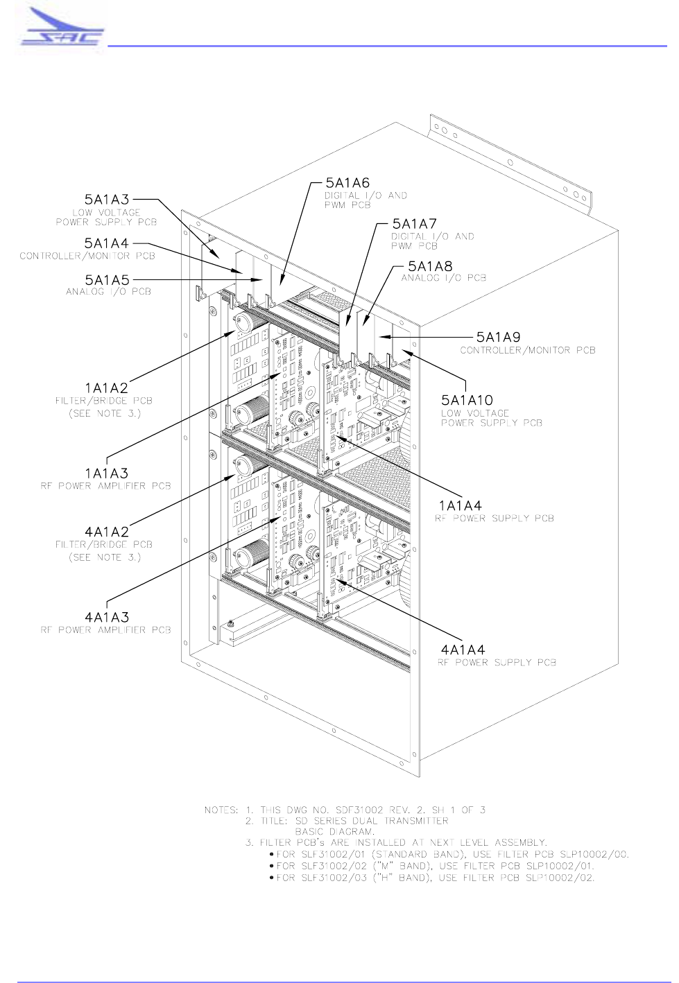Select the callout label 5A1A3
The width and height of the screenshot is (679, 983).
(107, 200)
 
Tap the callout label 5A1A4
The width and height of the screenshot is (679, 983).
(107, 243)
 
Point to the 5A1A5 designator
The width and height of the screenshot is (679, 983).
(108, 280)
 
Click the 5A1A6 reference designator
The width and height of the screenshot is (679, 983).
(347, 183)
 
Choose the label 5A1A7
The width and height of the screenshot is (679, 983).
(414, 224)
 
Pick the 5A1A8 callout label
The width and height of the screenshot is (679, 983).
(430, 267)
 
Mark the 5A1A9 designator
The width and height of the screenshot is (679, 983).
(498, 338)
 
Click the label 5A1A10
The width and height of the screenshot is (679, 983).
(467, 401)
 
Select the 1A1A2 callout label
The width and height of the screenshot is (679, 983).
(107, 388)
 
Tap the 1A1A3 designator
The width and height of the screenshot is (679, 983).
(107, 473)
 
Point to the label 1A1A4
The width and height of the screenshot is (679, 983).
(460, 506)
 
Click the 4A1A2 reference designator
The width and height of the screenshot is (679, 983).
(107, 532)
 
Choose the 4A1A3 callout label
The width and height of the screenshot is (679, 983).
(107, 618)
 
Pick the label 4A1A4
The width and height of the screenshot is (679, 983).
(463, 650)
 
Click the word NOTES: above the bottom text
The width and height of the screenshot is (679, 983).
(221, 810)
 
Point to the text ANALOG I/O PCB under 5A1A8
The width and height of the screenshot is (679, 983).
(444, 278)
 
